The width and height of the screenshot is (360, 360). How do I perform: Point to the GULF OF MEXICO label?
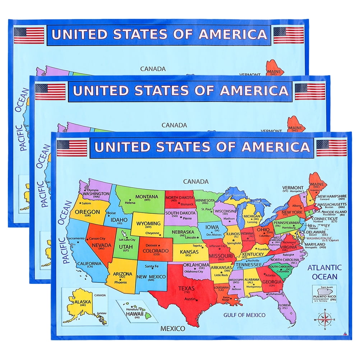244,315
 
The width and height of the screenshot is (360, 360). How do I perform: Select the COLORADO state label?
156,251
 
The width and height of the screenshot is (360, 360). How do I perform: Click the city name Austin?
190,299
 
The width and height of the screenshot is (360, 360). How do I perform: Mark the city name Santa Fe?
152,266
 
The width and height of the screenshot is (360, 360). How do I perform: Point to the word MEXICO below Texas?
172,328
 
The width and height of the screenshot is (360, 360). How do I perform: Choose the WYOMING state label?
148,223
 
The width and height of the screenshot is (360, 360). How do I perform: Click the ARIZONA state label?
123,273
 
